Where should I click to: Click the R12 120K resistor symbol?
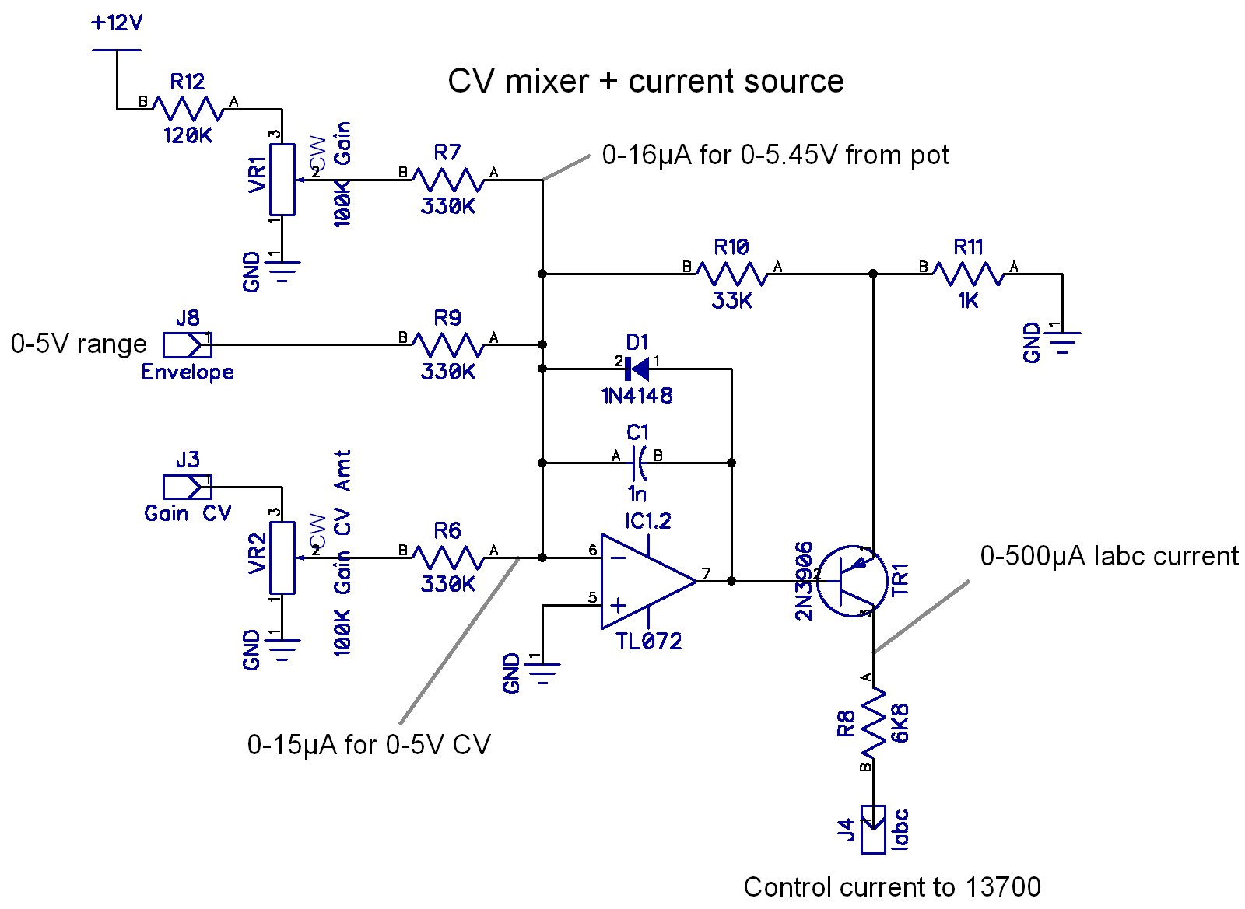tap(188, 108)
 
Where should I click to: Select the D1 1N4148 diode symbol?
tap(637, 369)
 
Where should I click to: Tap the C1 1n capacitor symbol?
tap(637, 463)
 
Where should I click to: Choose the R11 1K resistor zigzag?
tap(969, 274)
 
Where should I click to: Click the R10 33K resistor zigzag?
tap(731, 274)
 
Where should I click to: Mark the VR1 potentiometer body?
tap(282, 179)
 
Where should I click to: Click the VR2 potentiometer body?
tap(282, 558)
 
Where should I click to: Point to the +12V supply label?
tap(117, 23)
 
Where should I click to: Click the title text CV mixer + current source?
tap(645, 82)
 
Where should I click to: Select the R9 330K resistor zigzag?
tap(447, 344)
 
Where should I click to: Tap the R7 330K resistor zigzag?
tap(447, 180)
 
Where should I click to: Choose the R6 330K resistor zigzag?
tap(447, 558)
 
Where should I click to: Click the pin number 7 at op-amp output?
tap(706, 574)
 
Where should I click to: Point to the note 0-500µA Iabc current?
tap(1109, 556)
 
